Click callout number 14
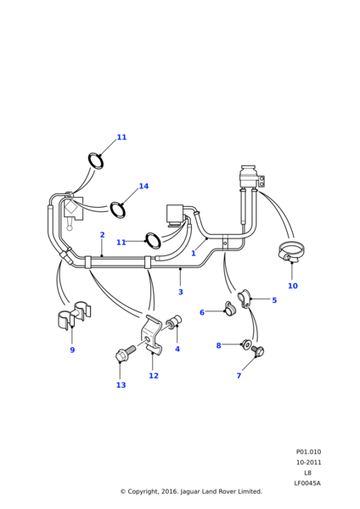143,186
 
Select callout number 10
293,286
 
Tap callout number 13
121,385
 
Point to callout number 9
72,350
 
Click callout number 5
274,300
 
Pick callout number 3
181,292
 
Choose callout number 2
102,235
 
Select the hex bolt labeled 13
125,353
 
